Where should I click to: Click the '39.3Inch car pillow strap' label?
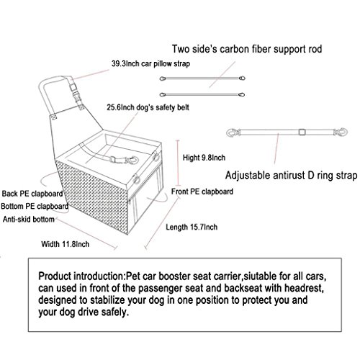(x=150, y=64)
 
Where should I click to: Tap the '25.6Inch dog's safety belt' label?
(x=148, y=107)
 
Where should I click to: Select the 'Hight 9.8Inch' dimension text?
(x=204, y=158)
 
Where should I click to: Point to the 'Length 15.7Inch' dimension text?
(x=192, y=227)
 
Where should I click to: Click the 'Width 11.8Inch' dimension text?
(x=66, y=244)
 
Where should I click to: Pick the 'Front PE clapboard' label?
(x=202, y=192)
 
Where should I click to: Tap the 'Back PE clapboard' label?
(x=32, y=194)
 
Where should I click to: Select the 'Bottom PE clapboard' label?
(x=35, y=207)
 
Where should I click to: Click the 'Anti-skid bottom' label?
(x=29, y=220)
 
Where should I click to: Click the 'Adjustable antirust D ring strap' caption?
(x=291, y=175)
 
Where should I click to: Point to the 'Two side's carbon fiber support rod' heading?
(x=247, y=49)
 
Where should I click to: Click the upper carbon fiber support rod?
(x=202, y=78)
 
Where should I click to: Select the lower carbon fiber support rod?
(x=202, y=95)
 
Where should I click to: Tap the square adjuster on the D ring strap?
(x=302, y=132)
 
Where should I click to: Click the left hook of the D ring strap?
(x=233, y=132)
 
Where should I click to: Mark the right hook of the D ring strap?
(x=341, y=132)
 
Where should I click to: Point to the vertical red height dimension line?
(x=178, y=163)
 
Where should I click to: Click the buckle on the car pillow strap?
(x=75, y=91)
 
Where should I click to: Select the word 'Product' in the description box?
(x=55, y=276)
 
